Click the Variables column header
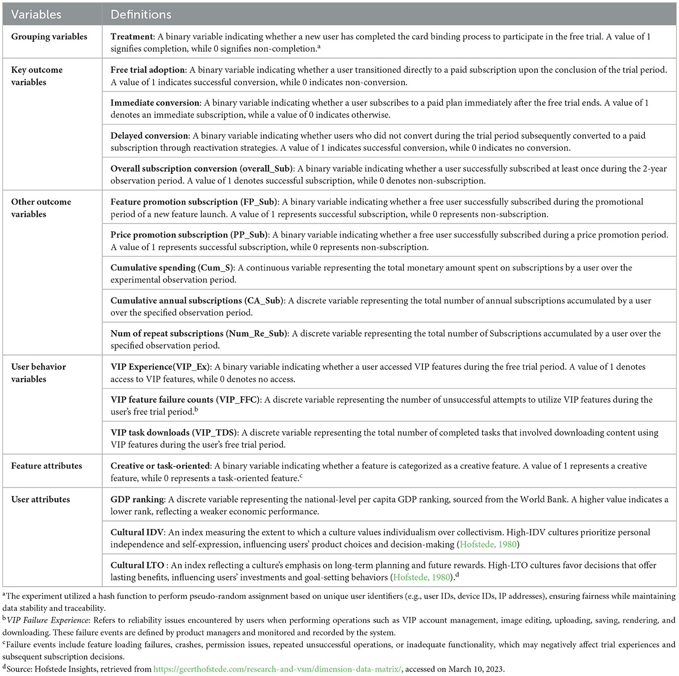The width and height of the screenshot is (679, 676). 36,14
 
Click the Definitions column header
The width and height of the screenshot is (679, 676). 141,14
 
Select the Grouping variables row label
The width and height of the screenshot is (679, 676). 49,37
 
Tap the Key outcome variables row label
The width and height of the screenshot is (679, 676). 37,76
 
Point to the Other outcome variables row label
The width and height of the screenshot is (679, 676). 41,208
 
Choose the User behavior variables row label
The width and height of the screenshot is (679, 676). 39,373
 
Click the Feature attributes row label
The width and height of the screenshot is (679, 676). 46,466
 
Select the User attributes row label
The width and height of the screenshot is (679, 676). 40,499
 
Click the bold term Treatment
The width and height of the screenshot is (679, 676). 131,37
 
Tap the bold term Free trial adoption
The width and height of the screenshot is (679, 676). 148,70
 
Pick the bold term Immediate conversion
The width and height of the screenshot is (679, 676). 155,103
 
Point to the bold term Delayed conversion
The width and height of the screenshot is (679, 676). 149,136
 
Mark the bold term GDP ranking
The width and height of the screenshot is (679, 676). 137,499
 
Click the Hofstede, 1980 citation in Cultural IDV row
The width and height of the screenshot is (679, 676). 488,544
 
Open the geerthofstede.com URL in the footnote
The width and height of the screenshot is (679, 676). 277,669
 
